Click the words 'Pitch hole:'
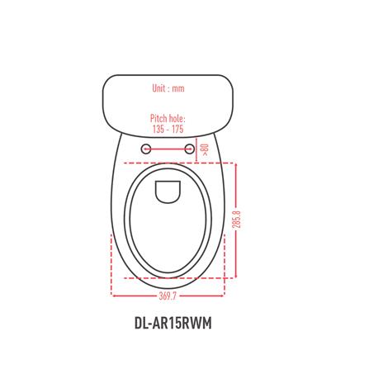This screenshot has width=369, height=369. (x=168, y=119)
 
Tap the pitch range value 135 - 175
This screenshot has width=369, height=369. (x=168, y=129)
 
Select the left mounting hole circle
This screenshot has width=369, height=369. (x=146, y=149)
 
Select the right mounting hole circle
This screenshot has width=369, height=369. (x=189, y=149)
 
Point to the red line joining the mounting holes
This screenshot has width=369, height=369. (x=168, y=149)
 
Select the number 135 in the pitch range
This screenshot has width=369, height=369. (x=158, y=129)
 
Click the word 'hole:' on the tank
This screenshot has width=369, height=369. (x=176, y=119)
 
